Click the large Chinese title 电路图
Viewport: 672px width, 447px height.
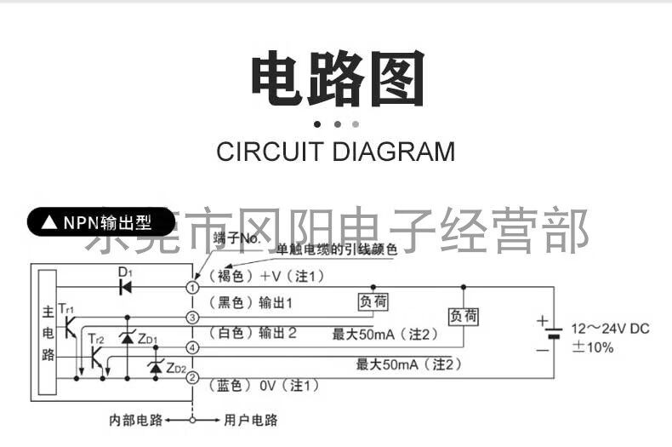tap(337, 80)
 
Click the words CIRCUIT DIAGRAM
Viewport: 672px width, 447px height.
tap(335, 152)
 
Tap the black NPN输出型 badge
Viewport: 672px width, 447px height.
tap(100, 222)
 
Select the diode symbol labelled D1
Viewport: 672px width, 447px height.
tap(125, 287)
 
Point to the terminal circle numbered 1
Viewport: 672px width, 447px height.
tap(193, 288)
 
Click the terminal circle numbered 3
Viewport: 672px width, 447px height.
tap(193, 318)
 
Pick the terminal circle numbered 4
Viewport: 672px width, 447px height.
tap(193, 347)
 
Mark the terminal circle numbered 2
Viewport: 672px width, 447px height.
tap(193, 377)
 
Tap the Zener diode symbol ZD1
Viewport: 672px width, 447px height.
tap(128, 338)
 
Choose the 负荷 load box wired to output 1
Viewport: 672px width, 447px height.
tap(372, 301)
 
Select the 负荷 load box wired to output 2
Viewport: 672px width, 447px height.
tap(464, 317)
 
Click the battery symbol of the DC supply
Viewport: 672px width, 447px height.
tap(554, 333)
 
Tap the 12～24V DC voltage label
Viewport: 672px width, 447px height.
tap(609, 329)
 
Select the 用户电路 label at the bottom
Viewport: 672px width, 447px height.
tap(250, 421)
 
